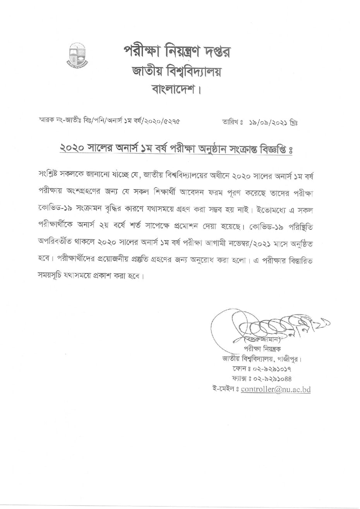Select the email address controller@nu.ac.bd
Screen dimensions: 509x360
[x=275, y=390]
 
